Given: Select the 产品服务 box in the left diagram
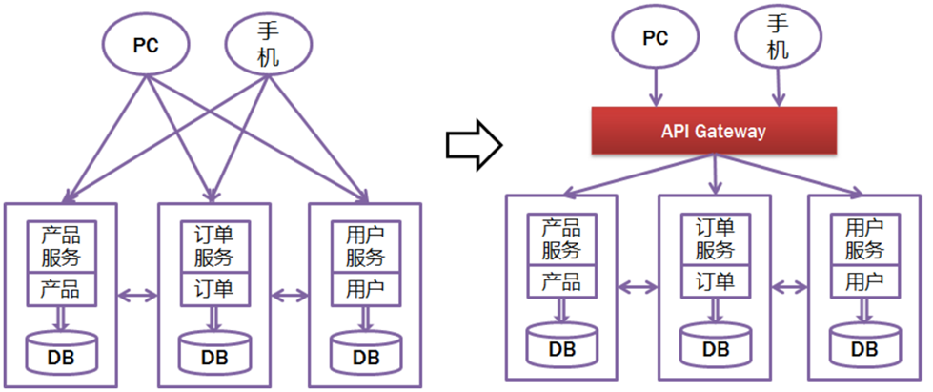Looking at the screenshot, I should click(60, 246).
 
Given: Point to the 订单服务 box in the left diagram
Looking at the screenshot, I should click(213, 246).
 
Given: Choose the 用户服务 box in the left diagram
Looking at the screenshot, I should click(365, 246).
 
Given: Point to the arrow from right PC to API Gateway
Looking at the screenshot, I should click(655, 88).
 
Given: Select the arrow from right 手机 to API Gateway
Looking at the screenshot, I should click(778, 88).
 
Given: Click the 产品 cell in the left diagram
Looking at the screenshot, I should click(60, 288).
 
